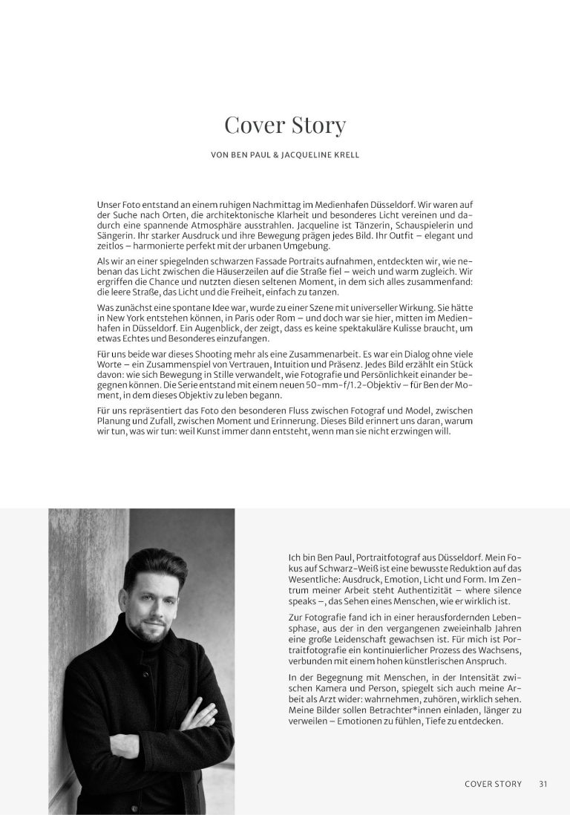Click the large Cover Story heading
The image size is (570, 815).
coord(285,125)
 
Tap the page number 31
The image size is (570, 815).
coord(543,783)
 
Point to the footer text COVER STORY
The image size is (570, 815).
coord(493,783)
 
